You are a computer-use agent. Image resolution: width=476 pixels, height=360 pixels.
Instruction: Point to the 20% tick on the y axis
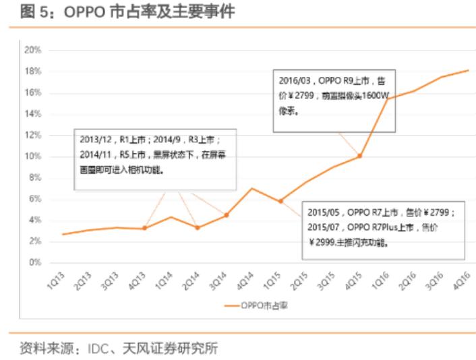pyautogui.click(x=33, y=50)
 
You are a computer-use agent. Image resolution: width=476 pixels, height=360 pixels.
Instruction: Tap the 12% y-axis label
pyautogui.click(x=33, y=135)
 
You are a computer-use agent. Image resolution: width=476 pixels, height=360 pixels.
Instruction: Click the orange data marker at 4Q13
pyautogui.click(x=144, y=229)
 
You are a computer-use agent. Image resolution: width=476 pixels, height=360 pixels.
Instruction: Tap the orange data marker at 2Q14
pyautogui.click(x=198, y=227)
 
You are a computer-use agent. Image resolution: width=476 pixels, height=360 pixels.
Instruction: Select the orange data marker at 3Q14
pyautogui.click(x=226, y=215)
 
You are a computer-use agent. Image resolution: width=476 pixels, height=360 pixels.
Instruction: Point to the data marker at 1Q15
pyautogui.click(x=280, y=201)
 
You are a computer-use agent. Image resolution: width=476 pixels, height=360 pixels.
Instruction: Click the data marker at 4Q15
pyautogui.click(x=360, y=156)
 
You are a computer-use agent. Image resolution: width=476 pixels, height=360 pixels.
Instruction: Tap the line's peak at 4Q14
pyautogui.click(x=252, y=188)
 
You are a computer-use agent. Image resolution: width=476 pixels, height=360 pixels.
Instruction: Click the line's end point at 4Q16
pyautogui.click(x=468, y=70)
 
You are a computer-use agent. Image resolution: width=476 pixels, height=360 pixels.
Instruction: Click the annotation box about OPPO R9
pyautogui.click(x=333, y=95)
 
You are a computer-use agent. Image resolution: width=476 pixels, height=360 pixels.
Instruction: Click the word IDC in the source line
pyautogui.click(x=98, y=349)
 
